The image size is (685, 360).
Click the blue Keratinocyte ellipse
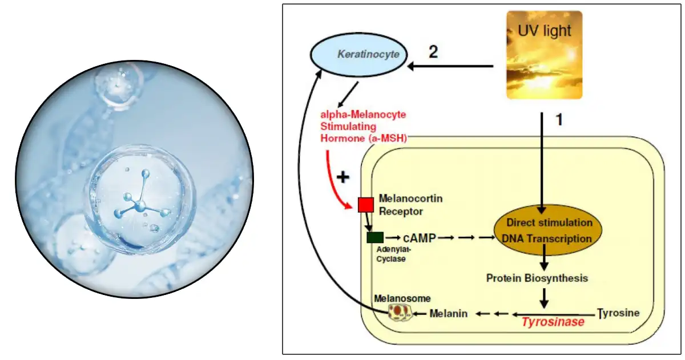tap(359, 55)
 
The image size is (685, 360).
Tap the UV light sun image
tap(544, 55)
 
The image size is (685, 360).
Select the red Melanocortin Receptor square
tap(365, 204)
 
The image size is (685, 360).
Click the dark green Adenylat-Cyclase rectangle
tap(375, 237)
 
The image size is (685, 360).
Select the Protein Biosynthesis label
tap(537, 278)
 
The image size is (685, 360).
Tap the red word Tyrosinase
tap(553, 322)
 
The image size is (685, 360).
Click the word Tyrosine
tap(619, 313)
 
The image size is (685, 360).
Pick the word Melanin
tap(448, 313)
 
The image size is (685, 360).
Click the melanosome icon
tap(400, 312)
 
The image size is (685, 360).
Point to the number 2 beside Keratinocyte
tap(434, 52)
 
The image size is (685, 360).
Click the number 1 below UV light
tap(559, 121)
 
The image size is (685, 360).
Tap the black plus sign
tap(342, 177)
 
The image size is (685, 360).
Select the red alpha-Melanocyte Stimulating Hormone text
tap(364, 126)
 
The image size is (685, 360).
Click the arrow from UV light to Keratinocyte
tap(451, 67)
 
